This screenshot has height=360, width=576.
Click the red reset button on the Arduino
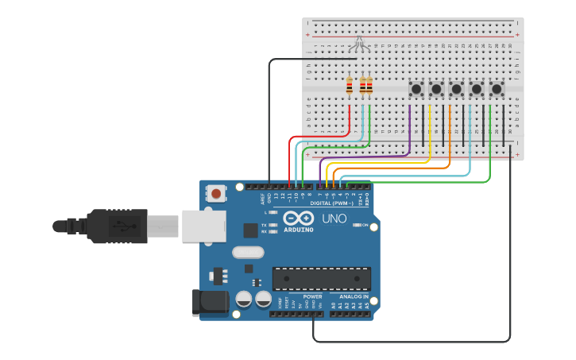[x=216, y=193]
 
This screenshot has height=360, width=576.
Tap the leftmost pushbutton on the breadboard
[x=416, y=88]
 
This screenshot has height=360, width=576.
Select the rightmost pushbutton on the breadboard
[x=497, y=88]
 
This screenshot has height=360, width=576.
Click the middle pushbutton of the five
[x=456, y=88]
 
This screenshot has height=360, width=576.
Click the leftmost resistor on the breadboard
[x=350, y=85]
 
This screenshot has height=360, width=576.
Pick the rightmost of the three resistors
[x=369, y=85]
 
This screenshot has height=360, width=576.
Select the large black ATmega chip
[x=321, y=279]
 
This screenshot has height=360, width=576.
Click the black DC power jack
[x=210, y=303]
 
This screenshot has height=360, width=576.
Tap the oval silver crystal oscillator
[x=248, y=253]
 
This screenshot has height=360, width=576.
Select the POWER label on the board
[x=313, y=296]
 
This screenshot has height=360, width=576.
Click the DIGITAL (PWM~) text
[x=331, y=203]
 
